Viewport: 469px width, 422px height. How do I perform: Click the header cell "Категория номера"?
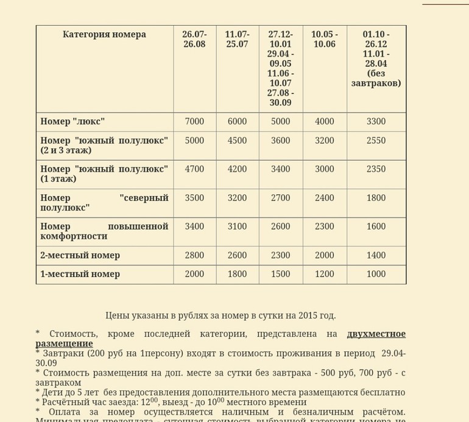click(x=104, y=35)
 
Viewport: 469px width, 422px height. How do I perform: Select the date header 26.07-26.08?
click(x=194, y=40)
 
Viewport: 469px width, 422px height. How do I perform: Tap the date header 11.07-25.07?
click(x=237, y=40)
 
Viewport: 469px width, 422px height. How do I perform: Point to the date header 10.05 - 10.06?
click(x=324, y=40)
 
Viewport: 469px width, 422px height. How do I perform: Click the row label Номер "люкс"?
click(x=72, y=122)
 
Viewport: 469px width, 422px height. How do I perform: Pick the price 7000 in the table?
click(x=194, y=122)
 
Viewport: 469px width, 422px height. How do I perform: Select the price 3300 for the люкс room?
click(x=376, y=122)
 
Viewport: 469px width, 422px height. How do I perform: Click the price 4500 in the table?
click(x=237, y=141)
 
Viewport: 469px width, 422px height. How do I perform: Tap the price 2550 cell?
click(x=376, y=141)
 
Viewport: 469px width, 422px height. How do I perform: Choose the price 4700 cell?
click(x=194, y=169)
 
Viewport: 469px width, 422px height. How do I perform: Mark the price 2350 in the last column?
click(x=376, y=169)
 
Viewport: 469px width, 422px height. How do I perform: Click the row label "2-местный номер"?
click(x=80, y=255)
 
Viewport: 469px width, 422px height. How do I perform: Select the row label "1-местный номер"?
click(x=80, y=274)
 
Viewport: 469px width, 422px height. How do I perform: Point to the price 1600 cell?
click(x=376, y=227)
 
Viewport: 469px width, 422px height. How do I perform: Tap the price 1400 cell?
click(x=376, y=255)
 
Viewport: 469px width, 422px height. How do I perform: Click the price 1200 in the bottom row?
click(x=324, y=274)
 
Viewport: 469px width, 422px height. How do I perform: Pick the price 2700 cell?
click(x=280, y=198)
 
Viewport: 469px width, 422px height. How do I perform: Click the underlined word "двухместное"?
click(x=376, y=334)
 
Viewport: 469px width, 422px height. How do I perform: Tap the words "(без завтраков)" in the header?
click(x=376, y=79)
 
